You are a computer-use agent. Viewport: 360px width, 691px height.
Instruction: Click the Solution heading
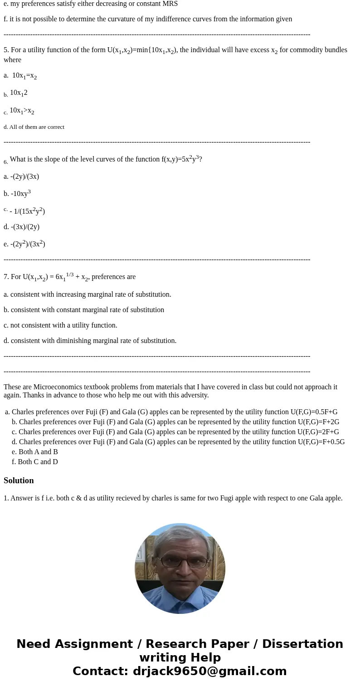[19, 480]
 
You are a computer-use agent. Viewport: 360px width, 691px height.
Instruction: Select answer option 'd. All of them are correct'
[34, 127]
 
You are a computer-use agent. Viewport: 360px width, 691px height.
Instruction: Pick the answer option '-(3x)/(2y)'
[21, 227]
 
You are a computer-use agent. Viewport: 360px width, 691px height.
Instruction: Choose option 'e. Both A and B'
[35, 452]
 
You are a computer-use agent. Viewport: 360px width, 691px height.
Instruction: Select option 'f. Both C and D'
[35, 462]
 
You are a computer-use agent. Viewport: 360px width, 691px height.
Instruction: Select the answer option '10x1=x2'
[24, 76]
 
